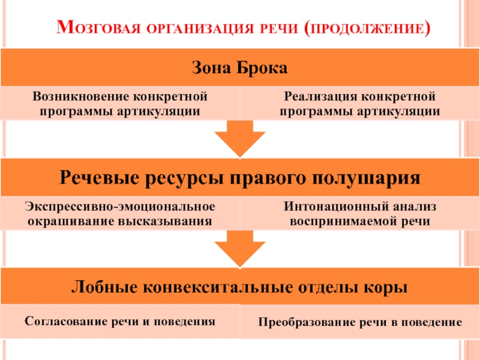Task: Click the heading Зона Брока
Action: [x=240, y=68]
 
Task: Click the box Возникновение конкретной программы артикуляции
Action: [x=120, y=103]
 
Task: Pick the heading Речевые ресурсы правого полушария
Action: [x=240, y=178]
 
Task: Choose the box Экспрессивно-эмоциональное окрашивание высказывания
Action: [x=120, y=214]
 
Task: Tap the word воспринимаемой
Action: [x=346, y=221]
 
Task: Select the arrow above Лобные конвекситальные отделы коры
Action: [x=240, y=248]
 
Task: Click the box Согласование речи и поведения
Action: [x=120, y=321]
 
